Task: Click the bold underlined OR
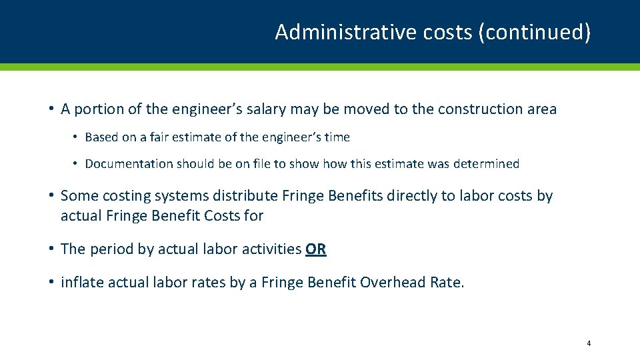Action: (x=316, y=249)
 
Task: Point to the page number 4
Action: (x=589, y=343)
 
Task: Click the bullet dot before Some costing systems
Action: (x=51, y=196)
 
